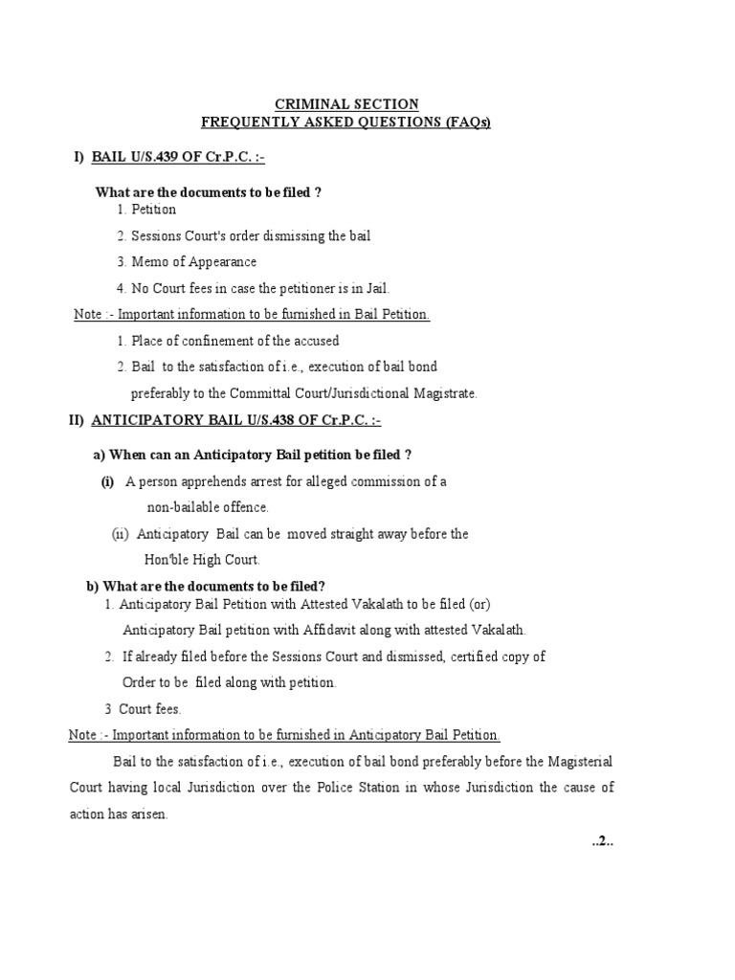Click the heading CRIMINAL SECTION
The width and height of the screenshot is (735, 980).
pos(346,104)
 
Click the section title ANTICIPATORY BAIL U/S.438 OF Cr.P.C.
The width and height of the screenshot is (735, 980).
pos(229,420)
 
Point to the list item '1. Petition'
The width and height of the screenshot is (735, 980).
pos(146,210)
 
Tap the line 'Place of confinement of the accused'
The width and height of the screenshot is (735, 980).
pos(228,341)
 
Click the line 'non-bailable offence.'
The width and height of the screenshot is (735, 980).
pos(208,507)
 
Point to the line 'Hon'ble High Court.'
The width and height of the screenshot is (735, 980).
pos(201,559)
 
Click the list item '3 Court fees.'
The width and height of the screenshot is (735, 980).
pos(143,709)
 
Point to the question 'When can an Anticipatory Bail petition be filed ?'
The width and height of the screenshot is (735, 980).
pos(250,454)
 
